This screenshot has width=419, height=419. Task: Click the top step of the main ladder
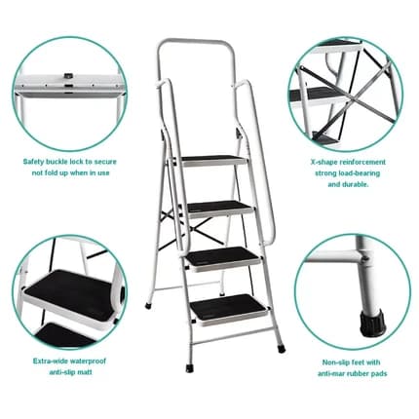click(x=212, y=161)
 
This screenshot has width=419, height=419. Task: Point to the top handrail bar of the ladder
click(x=196, y=41)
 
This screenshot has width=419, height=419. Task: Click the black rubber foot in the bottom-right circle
click(x=371, y=323)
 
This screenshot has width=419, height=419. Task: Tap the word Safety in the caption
click(x=33, y=162)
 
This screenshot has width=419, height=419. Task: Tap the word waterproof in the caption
click(x=88, y=361)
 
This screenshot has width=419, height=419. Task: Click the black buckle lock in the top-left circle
click(x=68, y=76)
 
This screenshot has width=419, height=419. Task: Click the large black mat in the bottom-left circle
click(x=69, y=291)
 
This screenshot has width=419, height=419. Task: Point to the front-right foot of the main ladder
click(x=282, y=349)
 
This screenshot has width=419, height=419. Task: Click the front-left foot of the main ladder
click(x=189, y=368)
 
